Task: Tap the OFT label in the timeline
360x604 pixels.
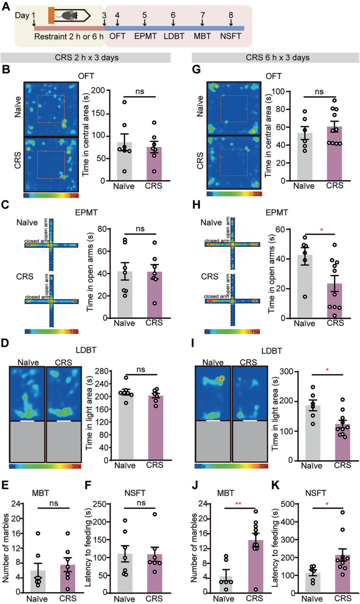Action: pos(117,36)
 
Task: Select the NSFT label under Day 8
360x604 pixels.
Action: pos(230,36)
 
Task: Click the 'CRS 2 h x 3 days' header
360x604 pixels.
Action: pos(86,58)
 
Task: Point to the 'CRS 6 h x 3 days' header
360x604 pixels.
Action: pos(277,58)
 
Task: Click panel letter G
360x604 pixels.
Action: pos(197,69)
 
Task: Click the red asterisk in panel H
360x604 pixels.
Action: pos(322,230)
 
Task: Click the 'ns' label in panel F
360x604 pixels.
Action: pos(141,503)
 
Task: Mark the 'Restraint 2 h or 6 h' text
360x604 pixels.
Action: pos(69,36)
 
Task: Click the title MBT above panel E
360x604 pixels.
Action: pos(41,493)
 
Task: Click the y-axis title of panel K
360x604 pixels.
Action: pos(275,548)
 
